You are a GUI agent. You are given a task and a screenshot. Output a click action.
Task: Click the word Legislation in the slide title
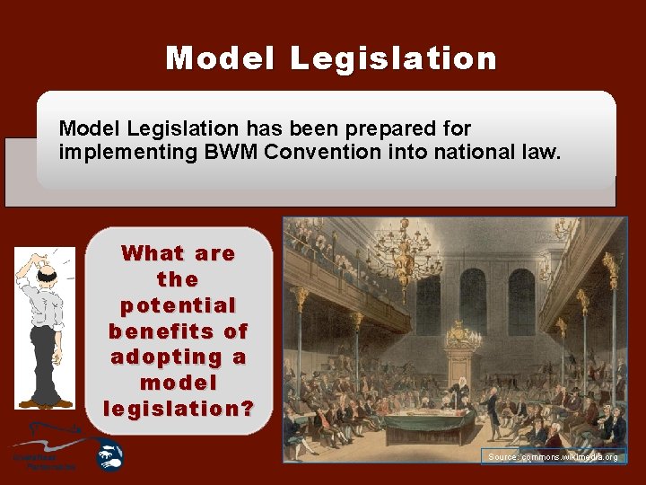(393, 58)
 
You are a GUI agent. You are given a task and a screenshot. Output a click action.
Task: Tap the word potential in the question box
(179, 304)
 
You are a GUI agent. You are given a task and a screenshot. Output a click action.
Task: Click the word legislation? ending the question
(179, 409)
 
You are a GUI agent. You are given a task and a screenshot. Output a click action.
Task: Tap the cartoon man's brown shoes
(46, 403)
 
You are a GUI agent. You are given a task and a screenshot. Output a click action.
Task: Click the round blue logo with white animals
(110, 455)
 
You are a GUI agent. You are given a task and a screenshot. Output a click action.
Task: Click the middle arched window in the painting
(473, 301)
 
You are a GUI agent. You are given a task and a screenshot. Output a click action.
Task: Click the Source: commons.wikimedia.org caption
(552, 457)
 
